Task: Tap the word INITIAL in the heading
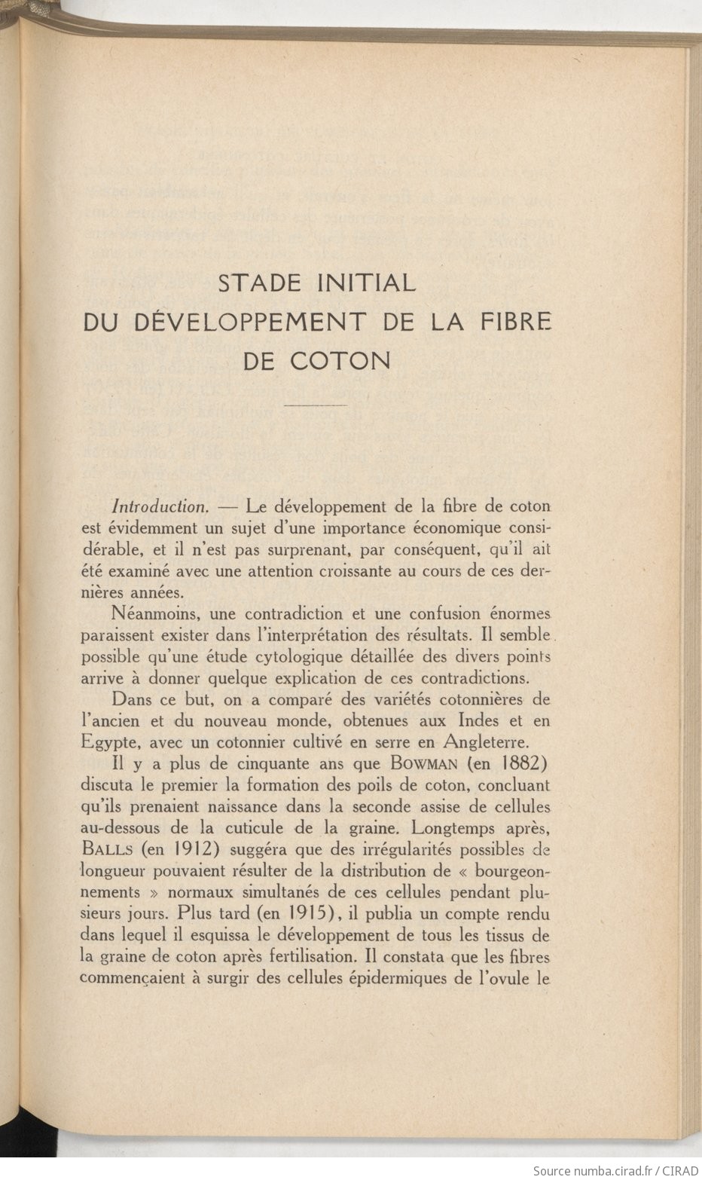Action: tap(368, 283)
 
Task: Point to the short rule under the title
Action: tap(316, 406)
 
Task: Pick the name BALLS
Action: tap(108, 849)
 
